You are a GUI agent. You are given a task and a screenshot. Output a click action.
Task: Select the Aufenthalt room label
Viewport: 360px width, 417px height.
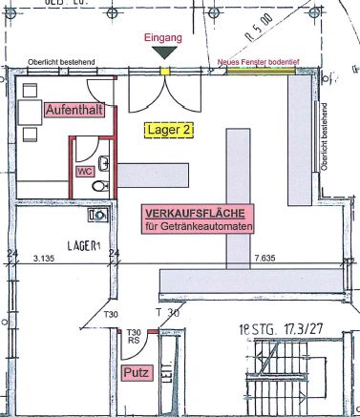pyautogui.click(x=76, y=111)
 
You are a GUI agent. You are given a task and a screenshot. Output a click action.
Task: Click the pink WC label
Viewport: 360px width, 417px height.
pyautogui.click(x=85, y=171)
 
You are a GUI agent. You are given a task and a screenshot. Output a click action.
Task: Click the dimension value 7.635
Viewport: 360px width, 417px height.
pyautogui.click(x=265, y=258)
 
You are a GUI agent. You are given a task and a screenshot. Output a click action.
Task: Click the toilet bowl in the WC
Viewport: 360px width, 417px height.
pyautogui.click(x=97, y=187)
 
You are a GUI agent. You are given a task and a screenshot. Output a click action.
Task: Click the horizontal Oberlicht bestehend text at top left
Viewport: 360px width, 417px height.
pyautogui.click(x=61, y=61)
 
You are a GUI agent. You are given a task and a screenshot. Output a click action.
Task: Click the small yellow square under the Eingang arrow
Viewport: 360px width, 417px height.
pyautogui.click(x=164, y=71)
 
